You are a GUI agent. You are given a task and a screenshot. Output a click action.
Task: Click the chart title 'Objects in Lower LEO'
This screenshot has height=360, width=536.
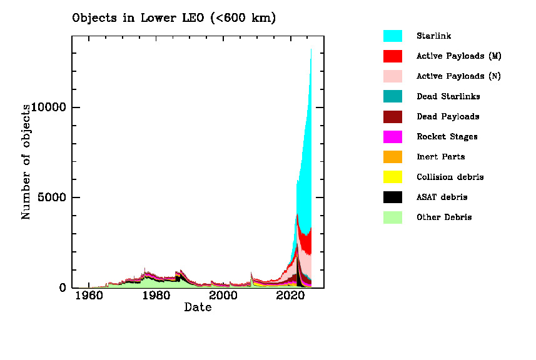tap(174, 18)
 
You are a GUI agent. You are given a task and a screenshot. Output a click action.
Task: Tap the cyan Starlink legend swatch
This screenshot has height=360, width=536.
tap(392, 36)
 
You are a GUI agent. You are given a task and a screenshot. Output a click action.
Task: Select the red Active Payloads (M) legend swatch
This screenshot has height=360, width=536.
tap(392, 56)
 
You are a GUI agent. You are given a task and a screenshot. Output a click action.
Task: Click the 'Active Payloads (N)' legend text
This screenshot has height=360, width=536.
tap(458, 76)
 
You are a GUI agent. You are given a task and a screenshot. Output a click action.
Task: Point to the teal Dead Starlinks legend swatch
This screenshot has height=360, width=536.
tap(392, 96)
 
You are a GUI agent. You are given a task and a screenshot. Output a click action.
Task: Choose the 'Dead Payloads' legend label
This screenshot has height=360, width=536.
tap(448, 117)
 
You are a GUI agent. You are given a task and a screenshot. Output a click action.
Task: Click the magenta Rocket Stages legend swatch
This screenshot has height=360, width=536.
tap(392, 136)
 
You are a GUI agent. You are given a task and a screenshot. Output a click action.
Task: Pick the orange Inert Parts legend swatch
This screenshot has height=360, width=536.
tap(392, 157)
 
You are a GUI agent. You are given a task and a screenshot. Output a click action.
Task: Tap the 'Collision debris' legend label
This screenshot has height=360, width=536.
tap(450, 177)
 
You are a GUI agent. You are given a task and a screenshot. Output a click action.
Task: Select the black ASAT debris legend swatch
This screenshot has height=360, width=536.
tap(392, 197)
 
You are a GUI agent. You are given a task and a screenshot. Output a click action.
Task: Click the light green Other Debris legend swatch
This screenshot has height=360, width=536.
tap(392, 217)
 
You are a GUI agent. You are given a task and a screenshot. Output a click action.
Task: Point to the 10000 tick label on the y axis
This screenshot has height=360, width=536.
tap(51, 107)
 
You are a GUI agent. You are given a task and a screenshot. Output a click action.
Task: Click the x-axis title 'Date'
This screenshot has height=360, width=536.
tap(198, 307)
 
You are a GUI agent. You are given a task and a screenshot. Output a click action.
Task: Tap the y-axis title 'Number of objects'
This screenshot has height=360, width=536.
tap(26, 161)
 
